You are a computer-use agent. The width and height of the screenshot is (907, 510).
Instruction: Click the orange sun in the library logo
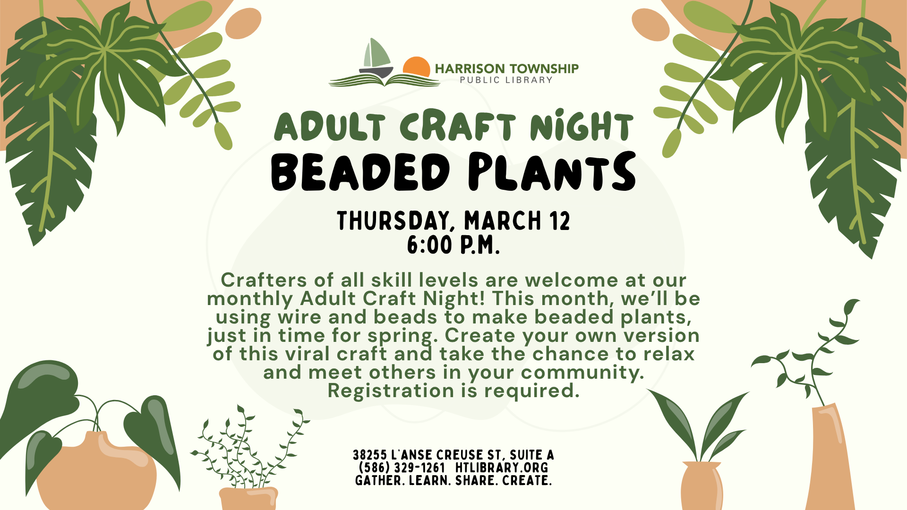(417, 67)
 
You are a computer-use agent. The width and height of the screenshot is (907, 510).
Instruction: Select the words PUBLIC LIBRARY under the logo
(506, 80)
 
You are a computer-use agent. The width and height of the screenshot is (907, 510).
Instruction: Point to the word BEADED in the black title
(360, 172)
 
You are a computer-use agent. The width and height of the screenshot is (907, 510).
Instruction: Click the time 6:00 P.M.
(453, 245)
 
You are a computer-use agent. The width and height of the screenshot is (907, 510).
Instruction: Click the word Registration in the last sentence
(391, 391)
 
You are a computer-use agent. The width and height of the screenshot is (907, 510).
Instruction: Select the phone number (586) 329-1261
(402, 468)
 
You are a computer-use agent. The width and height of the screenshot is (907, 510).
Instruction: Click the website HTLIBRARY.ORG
(502, 468)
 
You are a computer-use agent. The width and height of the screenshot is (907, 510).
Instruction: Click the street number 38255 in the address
(370, 455)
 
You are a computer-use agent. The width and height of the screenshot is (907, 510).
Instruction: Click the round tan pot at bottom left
(97, 472)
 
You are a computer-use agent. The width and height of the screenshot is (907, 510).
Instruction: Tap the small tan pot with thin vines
(248, 499)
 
